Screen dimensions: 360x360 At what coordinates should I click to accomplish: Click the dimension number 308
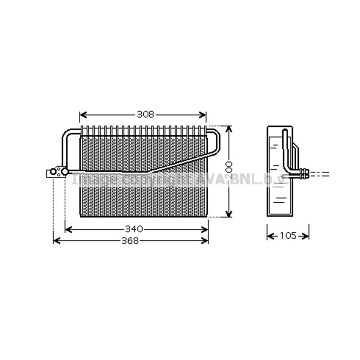tap(145, 114)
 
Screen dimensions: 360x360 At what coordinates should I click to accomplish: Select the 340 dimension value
tap(134, 229)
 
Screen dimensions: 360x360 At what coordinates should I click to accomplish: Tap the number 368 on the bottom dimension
tap(130, 241)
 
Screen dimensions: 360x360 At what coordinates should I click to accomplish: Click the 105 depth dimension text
tap(288, 236)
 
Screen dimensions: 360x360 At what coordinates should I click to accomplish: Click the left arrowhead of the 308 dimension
tap(82, 115)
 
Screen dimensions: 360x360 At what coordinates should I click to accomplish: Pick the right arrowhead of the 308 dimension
tap(204, 115)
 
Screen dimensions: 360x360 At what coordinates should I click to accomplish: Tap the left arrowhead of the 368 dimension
tap(55, 241)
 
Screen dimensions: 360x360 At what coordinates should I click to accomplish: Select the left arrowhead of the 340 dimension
tap(67, 229)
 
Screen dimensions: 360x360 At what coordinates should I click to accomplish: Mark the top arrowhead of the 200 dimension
tap(229, 129)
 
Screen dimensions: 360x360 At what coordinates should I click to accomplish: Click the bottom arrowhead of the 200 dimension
tap(229, 215)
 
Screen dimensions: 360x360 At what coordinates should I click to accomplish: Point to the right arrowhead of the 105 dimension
tap(307, 236)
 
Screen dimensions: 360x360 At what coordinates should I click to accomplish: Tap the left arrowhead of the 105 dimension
tap(269, 236)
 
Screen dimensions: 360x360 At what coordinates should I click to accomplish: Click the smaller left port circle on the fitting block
tap(53, 172)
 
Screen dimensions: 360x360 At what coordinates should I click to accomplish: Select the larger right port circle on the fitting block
tap(64, 171)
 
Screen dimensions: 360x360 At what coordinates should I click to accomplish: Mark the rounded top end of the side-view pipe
tap(285, 131)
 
